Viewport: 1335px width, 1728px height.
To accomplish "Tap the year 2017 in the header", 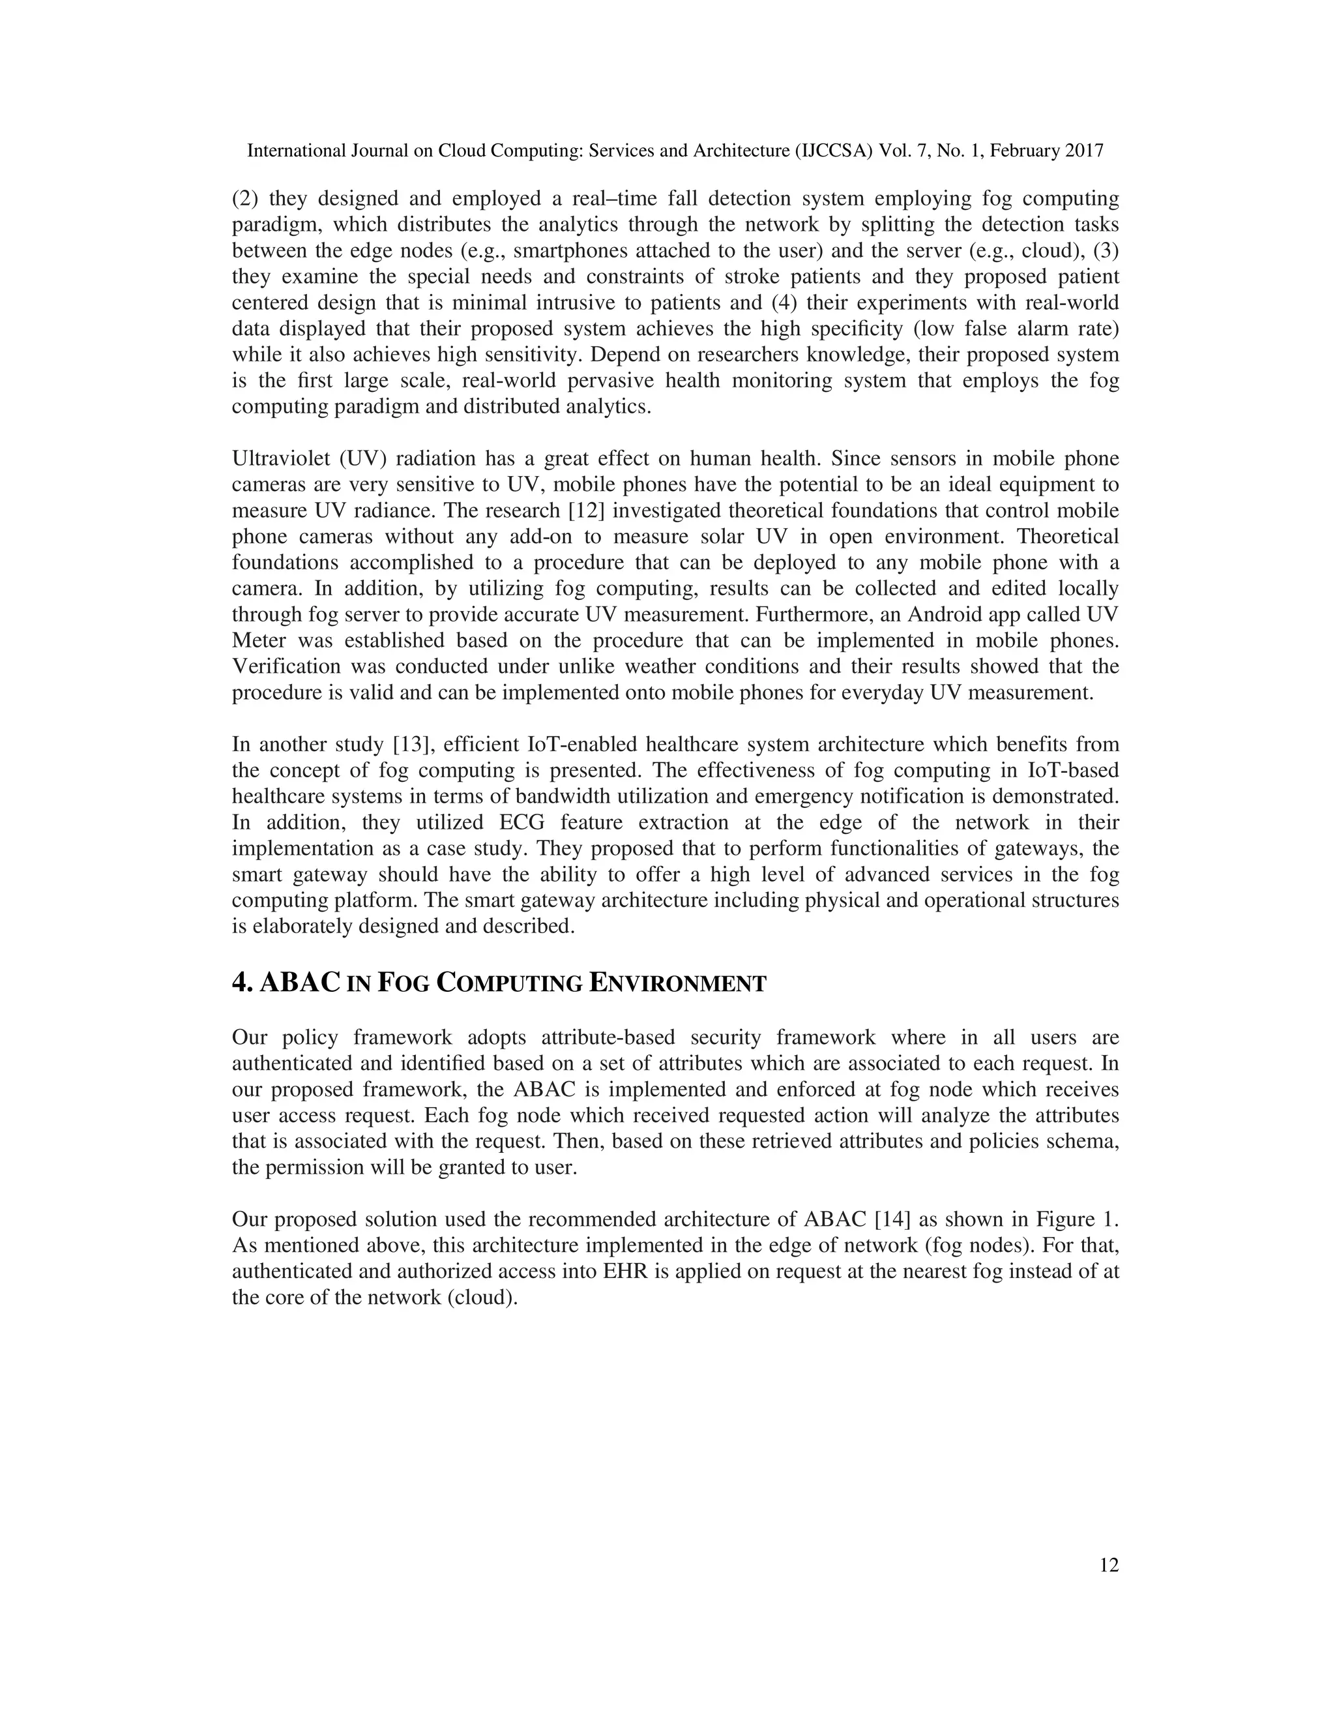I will (1083, 151).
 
